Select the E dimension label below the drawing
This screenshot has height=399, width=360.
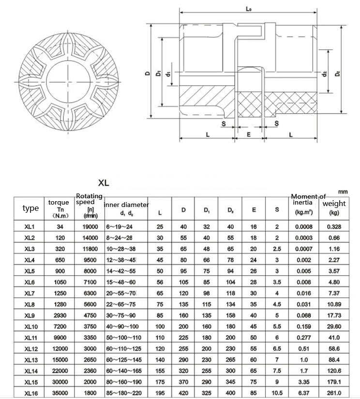pyautogui.click(x=248, y=134)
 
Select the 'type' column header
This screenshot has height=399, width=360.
pyautogui.click(x=30, y=208)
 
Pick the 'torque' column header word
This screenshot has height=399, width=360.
pyautogui.click(x=59, y=202)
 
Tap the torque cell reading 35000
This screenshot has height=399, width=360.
pyautogui.click(x=60, y=392)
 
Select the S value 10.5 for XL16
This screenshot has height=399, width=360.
pyautogui.click(x=277, y=392)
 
